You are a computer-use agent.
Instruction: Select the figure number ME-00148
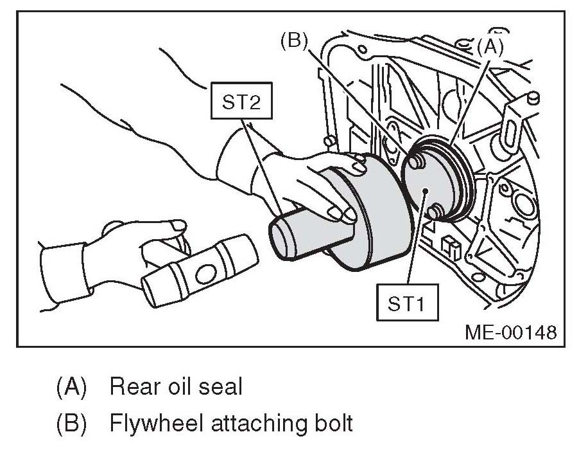click(510, 332)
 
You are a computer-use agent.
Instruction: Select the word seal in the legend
click(221, 387)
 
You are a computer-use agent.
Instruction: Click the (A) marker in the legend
click(71, 388)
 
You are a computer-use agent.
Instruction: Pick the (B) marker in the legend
click(71, 425)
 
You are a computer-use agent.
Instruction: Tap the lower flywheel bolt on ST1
click(435, 210)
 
